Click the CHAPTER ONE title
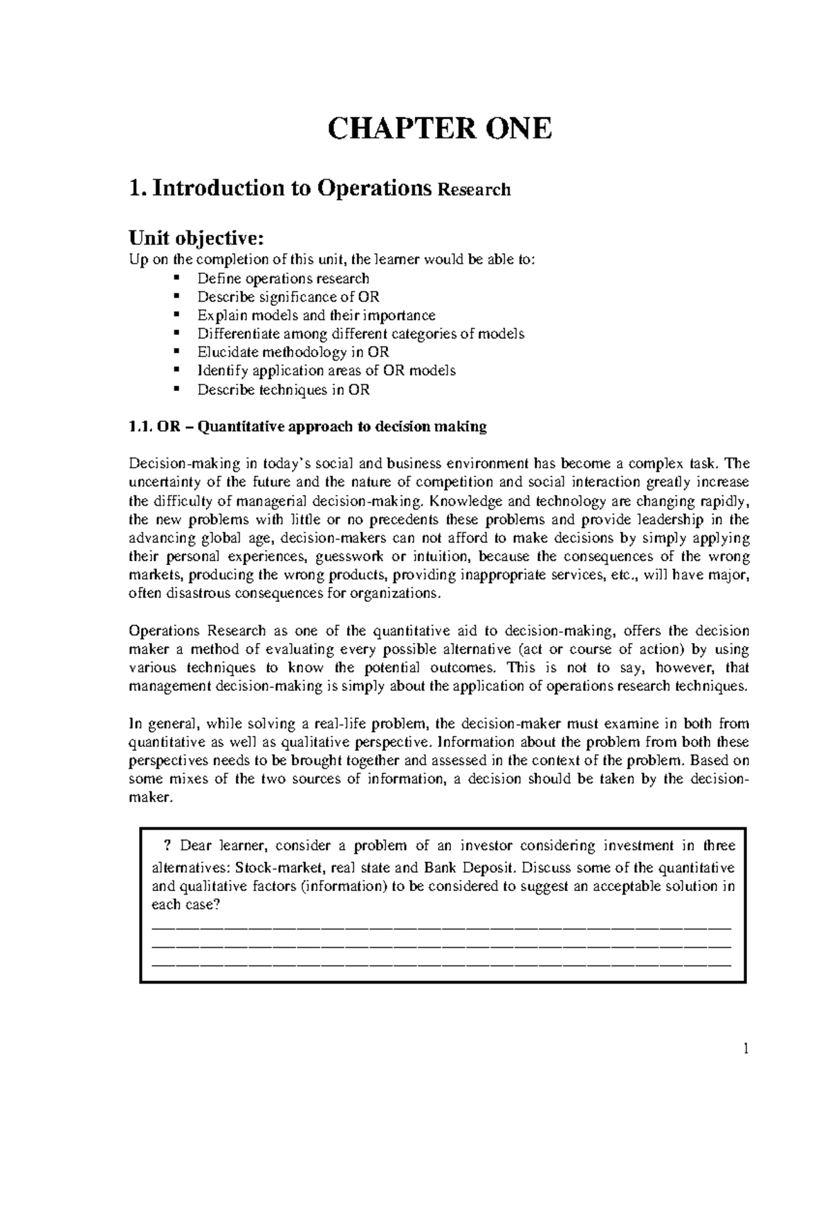coord(440,129)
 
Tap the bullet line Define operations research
coord(282,278)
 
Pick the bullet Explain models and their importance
coord(316,315)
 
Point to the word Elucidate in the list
coord(226,352)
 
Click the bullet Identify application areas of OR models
coord(326,371)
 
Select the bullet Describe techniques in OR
coord(283,389)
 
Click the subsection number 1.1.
coord(141,427)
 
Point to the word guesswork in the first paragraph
coord(350,557)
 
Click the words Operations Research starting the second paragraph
coord(198,631)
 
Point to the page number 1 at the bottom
coord(746,1049)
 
